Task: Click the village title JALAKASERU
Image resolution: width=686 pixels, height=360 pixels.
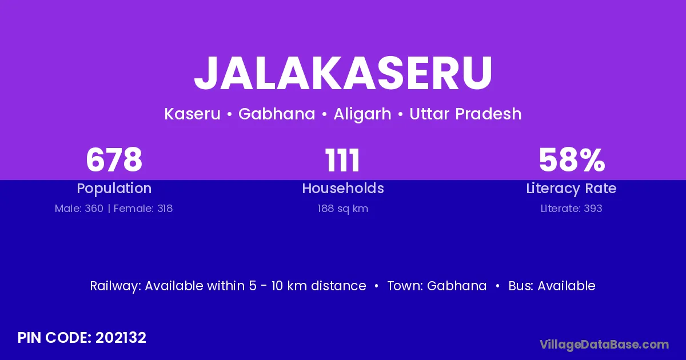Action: pos(343,74)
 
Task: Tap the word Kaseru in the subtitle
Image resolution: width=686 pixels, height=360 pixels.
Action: pos(192,114)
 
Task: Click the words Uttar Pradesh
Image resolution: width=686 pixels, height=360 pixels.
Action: pos(465,114)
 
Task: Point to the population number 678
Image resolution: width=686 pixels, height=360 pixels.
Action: pos(114,160)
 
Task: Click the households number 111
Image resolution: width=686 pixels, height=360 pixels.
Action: pos(342,161)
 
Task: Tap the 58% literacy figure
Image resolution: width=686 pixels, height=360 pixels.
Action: pos(572,160)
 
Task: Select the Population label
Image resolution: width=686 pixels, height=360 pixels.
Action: pos(114,189)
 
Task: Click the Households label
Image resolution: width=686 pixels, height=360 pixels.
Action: pos(343,188)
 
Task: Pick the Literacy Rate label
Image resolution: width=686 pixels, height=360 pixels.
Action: pos(571,189)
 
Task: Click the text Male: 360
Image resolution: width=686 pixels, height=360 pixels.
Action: pos(79,209)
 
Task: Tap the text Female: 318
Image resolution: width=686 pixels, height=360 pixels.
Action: pos(143,209)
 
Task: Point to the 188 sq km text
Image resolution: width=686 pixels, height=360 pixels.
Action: pos(342,209)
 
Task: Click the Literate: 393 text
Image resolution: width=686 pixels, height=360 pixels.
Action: pos(572,209)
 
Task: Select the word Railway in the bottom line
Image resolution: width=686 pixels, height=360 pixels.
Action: pos(115,286)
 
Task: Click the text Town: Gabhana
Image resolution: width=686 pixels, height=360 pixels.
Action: pos(437,286)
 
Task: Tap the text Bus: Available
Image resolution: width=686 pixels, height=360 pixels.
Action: pos(552,286)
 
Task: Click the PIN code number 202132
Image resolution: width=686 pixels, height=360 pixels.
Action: pos(121,338)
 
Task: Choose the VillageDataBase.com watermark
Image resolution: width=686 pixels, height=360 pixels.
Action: pos(604,345)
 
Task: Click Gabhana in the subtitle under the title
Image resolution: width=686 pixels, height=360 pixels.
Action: pos(277,114)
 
